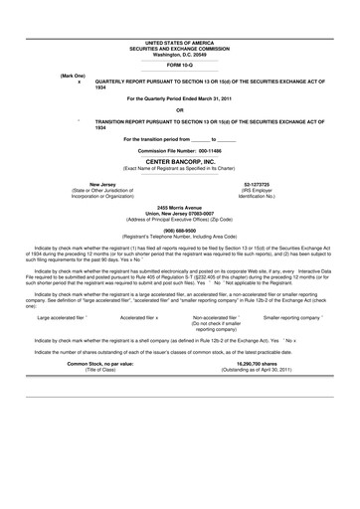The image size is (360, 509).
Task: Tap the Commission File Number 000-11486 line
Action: click(x=179, y=149)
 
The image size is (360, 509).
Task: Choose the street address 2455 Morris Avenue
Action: click(x=179, y=206)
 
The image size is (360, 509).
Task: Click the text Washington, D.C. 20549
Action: click(x=179, y=53)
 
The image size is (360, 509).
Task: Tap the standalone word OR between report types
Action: click(x=179, y=110)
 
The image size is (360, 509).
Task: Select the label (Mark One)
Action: click(x=74, y=76)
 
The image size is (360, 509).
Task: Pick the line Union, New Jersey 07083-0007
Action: click(x=179, y=212)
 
